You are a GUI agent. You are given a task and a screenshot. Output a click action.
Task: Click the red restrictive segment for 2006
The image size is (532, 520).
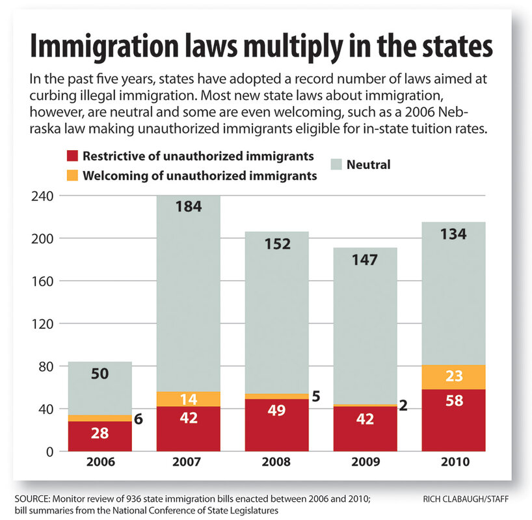pyautogui.click(x=100, y=436)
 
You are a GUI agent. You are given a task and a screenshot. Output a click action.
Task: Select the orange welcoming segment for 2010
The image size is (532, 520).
pyautogui.click(x=453, y=377)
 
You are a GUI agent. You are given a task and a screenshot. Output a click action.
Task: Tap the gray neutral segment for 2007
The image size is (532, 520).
pyautogui.click(x=189, y=292)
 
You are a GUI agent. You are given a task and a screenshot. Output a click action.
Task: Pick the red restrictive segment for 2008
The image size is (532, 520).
pyautogui.click(x=277, y=425)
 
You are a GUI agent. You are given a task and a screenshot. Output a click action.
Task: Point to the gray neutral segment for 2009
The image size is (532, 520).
pyautogui.click(x=365, y=325)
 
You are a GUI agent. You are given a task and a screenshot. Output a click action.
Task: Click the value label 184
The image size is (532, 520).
pyautogui.click(x=189, y=207)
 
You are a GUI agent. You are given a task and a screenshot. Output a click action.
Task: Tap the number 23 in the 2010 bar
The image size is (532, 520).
pyautogui.click(x=453, y=377)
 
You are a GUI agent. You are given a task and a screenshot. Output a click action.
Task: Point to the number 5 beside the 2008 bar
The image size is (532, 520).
pyautogui.click(x=316, y=396)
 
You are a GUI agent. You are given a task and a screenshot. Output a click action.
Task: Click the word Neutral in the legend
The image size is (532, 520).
pyautogui.click(x=368, y=164)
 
